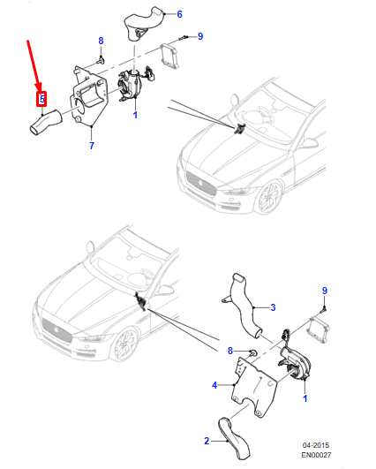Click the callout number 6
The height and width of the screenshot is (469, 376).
click(179, 14)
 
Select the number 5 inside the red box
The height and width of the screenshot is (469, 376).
click(42, 99)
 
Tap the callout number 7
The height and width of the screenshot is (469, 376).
click(92, 146)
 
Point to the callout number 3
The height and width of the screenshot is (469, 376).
click(273, 307)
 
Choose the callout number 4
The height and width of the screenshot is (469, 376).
click(214, 385)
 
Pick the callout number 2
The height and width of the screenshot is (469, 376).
click(207, 441)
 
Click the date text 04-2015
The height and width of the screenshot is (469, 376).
click(316, 445)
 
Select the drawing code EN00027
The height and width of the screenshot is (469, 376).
click(316, 455)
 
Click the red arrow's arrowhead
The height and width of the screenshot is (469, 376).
click(39, 86)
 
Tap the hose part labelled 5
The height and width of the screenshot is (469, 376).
click(45, 124)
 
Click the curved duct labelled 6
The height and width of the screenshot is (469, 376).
click(144, 23)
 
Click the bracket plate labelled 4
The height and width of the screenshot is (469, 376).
click(254, 386)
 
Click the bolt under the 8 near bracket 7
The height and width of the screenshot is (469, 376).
click(101, 61)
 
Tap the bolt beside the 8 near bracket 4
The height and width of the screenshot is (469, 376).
click(252, 353)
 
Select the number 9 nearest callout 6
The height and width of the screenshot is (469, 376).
click(200, 36)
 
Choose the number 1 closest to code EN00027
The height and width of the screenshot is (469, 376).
click(305, 398)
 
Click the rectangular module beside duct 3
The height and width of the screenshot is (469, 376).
click(318, 330)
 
